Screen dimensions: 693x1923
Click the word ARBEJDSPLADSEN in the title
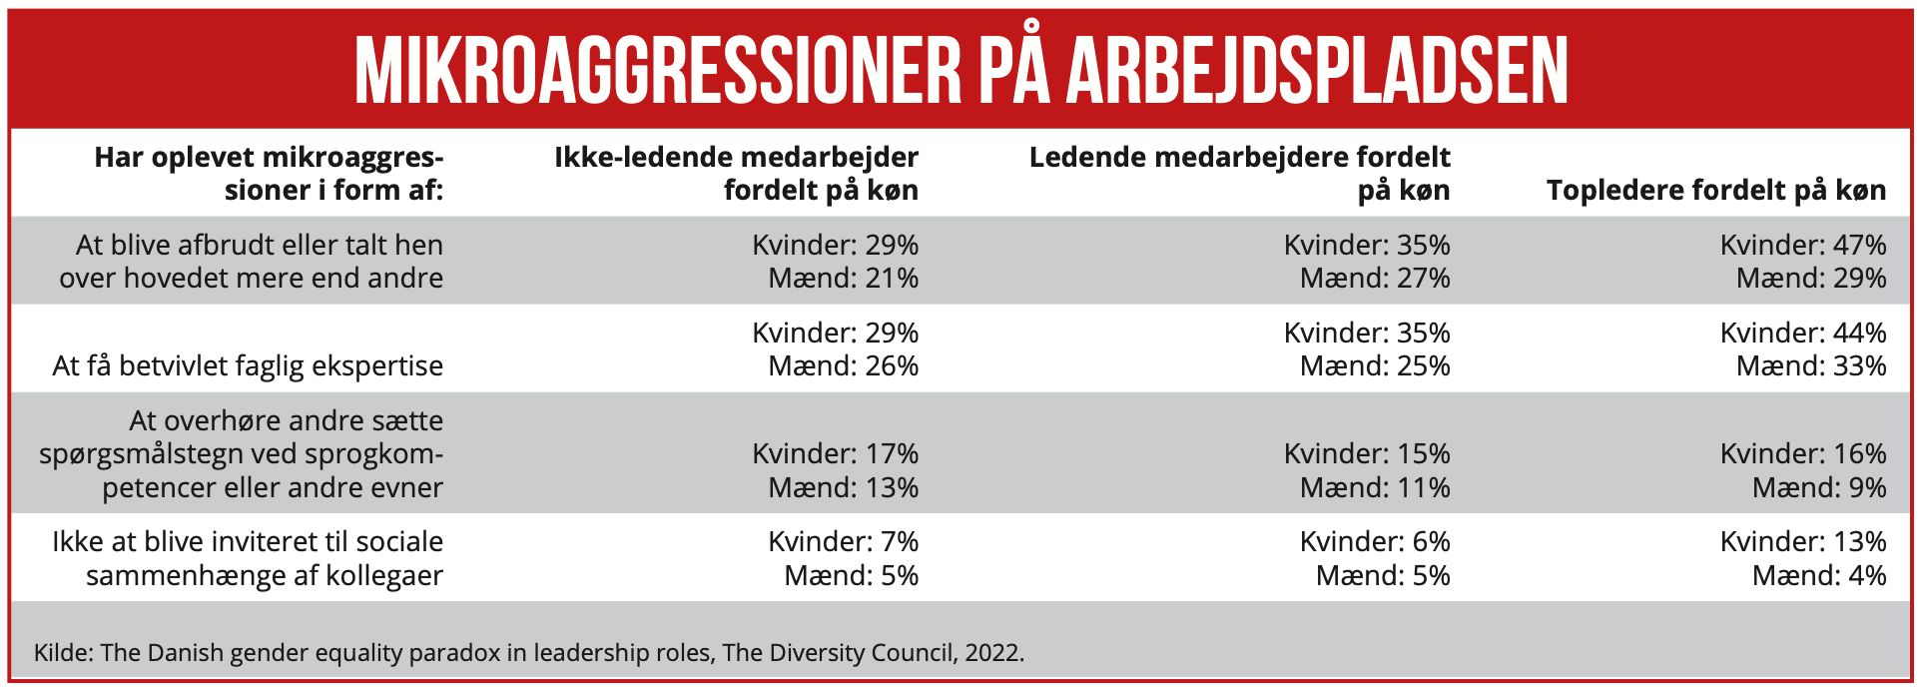[1317, 72]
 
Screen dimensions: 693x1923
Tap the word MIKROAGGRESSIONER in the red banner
[657, 72]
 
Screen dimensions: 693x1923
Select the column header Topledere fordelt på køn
[1715, 191]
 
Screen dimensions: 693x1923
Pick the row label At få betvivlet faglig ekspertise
[248, 366]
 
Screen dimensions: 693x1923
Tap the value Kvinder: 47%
[1802, 246]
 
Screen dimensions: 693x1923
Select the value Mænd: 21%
[843, 279]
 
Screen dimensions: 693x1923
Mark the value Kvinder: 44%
[1802, 334]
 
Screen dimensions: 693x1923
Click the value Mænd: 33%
[1810, 366]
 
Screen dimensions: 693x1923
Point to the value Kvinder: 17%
[835, 454]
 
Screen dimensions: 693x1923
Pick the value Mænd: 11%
[1374, 488]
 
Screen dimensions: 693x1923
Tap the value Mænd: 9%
[1818, 488]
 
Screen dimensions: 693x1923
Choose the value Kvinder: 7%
[843, 542]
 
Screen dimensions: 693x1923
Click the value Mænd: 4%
[1818, 576]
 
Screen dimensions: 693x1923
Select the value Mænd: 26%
[843, 366]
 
